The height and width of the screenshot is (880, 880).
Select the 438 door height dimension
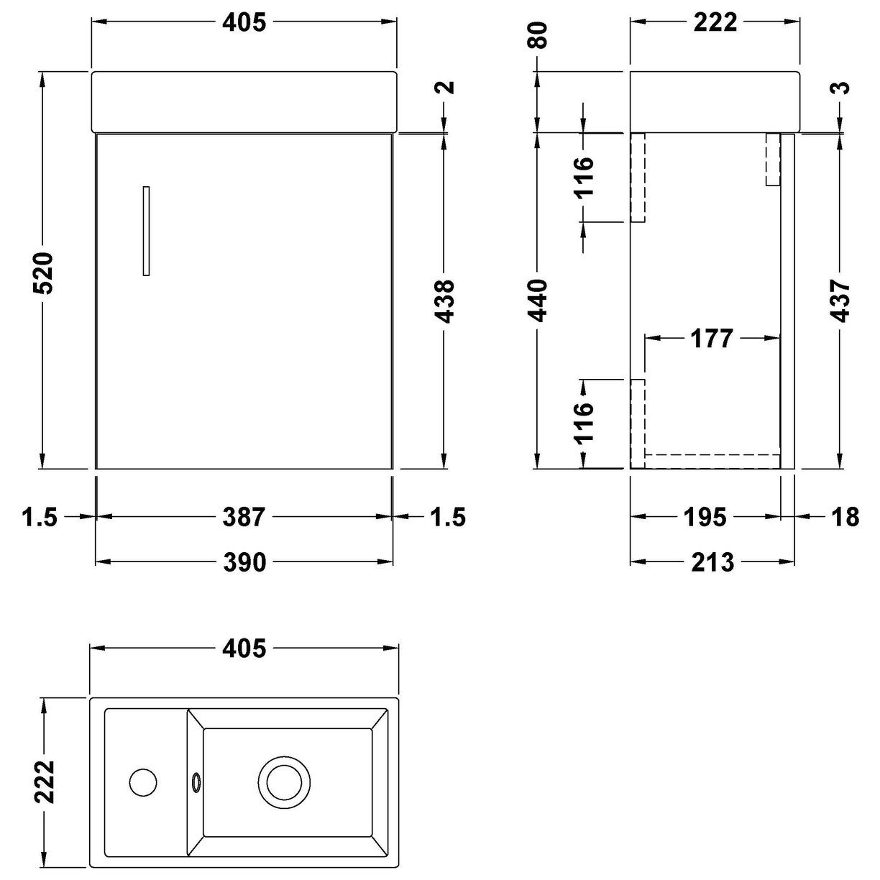point(446,300)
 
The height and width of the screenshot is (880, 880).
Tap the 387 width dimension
point(244,516)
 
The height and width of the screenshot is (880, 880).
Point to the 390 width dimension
point(244,562)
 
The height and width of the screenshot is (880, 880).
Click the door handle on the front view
point(146,231)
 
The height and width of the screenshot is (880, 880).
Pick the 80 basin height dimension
point(539,35)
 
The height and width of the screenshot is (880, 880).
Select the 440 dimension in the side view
point(539,300)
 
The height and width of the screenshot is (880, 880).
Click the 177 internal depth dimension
point(711,337)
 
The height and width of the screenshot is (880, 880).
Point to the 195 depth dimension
point(705,516)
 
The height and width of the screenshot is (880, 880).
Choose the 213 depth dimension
point(712,562)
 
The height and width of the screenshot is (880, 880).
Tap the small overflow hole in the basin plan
point(196,779)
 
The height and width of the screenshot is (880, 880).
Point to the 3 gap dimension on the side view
point(841,88)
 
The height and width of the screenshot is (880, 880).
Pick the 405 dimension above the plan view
point(244,648)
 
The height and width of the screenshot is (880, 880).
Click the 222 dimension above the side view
point(715,22)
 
